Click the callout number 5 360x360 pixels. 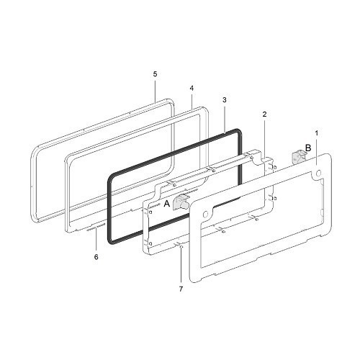pyautogui.click(x=155, y=74)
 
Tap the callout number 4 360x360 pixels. pyautogui.click(x=192, y=89)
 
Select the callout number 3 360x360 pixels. pyautogui.click(x=225, y=100)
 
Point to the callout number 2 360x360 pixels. pyautogui.click(x=264, y=114)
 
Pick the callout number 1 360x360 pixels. pyautogui.click(x=317, y=133)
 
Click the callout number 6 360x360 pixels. pyautogui.click(x=96, y=257)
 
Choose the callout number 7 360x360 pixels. pyautogui.click(x=181, y=289)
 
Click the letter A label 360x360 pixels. pyautogui.click(x=166, y=204)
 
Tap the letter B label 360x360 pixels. pyautogui.click(x=308, y=148)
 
